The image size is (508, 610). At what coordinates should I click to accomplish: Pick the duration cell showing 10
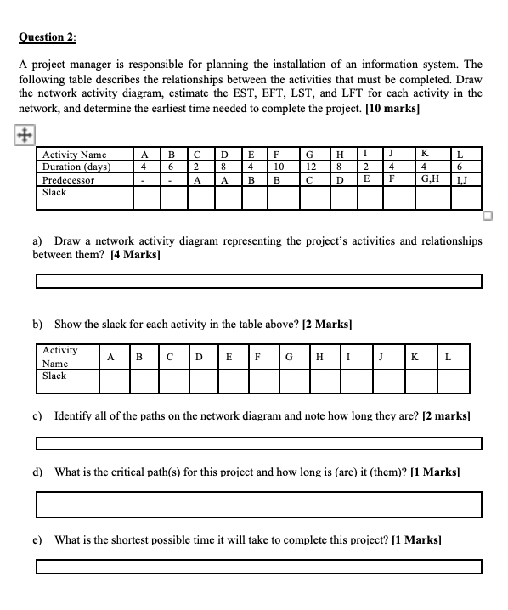[277, 167]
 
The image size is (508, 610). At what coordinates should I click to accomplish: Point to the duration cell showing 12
[310, 167]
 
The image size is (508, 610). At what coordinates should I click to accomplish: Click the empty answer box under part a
[258, 281]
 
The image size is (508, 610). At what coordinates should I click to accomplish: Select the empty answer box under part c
[258, 443]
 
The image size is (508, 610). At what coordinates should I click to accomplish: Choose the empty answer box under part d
[258, 504]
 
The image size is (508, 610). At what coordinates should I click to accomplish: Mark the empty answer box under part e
[258, 567]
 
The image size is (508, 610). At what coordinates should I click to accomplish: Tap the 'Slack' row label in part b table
[54, 376]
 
